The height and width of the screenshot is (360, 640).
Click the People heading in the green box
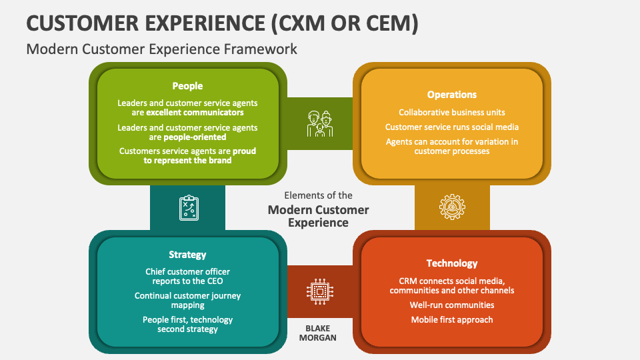(187, 86)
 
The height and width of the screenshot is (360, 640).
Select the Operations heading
(452, 95)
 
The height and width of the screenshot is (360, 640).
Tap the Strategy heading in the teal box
(187, 255)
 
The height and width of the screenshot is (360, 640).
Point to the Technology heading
(452, 263)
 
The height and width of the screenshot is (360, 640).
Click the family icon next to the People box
(320, 123)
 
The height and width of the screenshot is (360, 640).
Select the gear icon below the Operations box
(452, 207)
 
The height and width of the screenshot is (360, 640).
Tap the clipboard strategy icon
(188, 207)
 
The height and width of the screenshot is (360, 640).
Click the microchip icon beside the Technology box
(320, 291)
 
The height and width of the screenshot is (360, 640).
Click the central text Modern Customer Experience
(319, 216)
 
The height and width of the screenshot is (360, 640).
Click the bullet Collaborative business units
(452, 112)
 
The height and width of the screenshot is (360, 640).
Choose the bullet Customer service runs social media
(452, 127)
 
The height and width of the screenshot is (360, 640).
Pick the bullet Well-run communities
(452, 305)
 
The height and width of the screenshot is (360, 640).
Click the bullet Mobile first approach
(452, 319)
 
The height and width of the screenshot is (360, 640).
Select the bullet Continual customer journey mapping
(187, 300)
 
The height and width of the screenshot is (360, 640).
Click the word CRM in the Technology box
(409, 281)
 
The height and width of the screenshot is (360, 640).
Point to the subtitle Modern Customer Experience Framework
(161, 49)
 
